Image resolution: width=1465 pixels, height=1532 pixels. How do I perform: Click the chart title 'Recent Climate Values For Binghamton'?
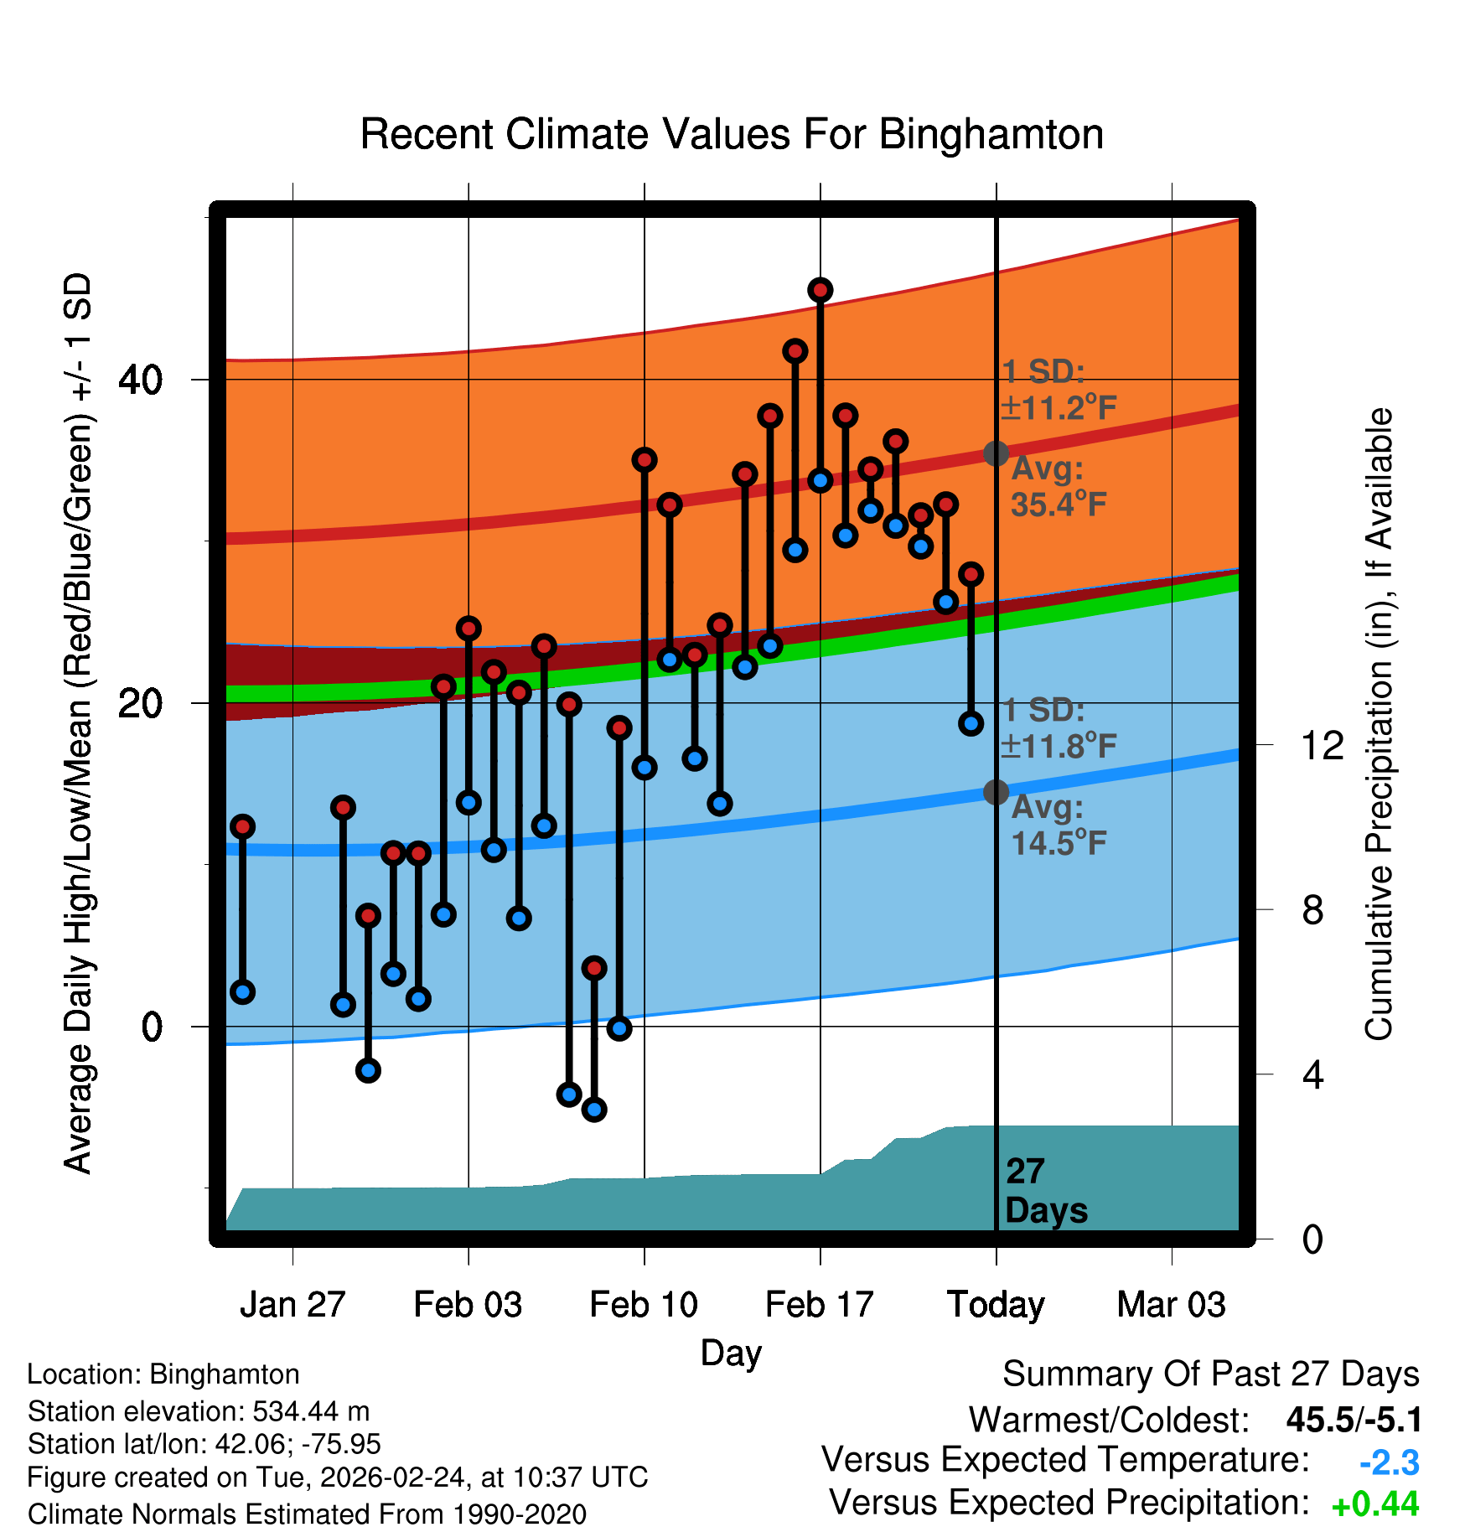(x=732, y=134)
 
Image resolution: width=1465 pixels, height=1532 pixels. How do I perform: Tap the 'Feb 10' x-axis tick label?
(x=644, y=1305)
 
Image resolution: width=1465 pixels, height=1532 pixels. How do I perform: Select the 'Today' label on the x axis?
(x=996, y=1305)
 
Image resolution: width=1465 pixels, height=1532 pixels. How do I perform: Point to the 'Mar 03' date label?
(x=1171, y=1305)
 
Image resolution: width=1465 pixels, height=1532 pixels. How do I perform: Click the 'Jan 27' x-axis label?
(x=292, y=1305)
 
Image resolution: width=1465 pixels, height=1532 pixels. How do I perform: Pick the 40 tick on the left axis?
(x=141, y=380)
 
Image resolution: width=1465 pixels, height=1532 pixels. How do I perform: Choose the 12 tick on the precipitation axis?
(x=1322, y=745)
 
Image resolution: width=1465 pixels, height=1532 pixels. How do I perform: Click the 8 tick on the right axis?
(x=1312, y=910)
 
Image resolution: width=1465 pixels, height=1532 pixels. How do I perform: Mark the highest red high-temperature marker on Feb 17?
(x=820, y=291)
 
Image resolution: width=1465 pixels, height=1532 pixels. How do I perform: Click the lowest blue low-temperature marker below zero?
(x=594, y=1110)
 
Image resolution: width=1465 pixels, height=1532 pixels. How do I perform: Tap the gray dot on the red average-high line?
(x=996, y=453)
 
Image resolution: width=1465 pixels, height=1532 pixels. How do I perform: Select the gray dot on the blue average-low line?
(x=996, y=792)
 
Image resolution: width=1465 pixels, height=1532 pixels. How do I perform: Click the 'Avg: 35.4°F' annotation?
(x=1058, y=487)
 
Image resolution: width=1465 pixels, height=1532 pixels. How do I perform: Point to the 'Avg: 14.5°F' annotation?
(x=1058, y=826)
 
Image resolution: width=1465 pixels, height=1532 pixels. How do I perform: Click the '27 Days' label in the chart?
(x=1045, y=1191)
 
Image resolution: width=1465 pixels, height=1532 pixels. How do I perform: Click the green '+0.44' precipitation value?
(x=1374, y=1504)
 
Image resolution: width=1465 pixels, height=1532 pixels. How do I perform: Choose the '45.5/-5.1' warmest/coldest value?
(x=1354, y=1420)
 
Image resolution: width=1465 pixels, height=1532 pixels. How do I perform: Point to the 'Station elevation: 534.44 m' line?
(x=199, y=1411)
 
